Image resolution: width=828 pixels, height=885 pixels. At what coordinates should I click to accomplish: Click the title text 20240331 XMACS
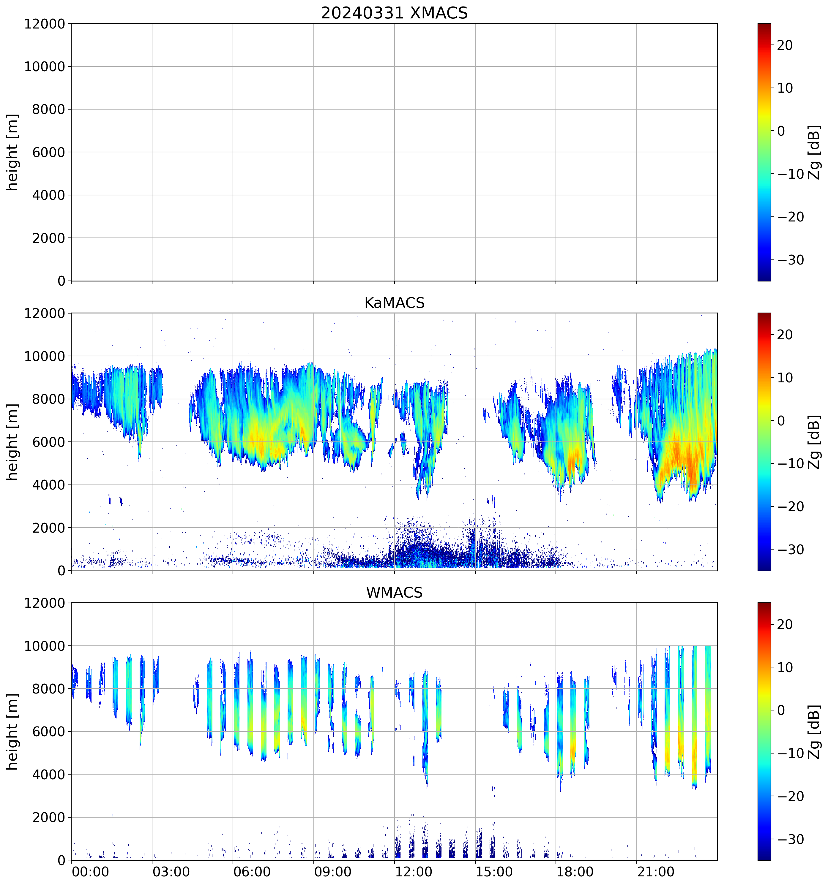394,13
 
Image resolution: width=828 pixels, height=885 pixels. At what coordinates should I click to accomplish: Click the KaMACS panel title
394,303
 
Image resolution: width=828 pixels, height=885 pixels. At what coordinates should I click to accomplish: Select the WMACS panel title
394,593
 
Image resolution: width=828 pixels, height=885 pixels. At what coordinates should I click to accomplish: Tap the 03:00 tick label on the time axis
171,871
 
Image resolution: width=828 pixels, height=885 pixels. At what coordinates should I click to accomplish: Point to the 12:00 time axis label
413,871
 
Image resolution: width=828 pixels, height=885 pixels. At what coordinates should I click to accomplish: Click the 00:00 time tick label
90,871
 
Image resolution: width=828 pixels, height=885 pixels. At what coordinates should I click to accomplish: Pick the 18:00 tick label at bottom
575,871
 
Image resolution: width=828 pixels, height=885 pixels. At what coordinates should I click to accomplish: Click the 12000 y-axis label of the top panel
45,24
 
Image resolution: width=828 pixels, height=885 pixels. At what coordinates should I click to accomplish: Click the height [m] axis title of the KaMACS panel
12,442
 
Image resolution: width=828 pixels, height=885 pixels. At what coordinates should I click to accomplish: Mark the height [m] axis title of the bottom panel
12,732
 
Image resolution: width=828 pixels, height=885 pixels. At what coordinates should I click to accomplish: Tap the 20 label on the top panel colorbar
785,45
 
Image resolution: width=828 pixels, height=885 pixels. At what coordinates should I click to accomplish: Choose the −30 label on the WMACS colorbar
791,840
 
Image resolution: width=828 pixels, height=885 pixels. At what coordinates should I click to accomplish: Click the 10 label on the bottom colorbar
785,668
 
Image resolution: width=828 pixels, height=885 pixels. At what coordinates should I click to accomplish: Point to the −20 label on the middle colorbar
791,506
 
